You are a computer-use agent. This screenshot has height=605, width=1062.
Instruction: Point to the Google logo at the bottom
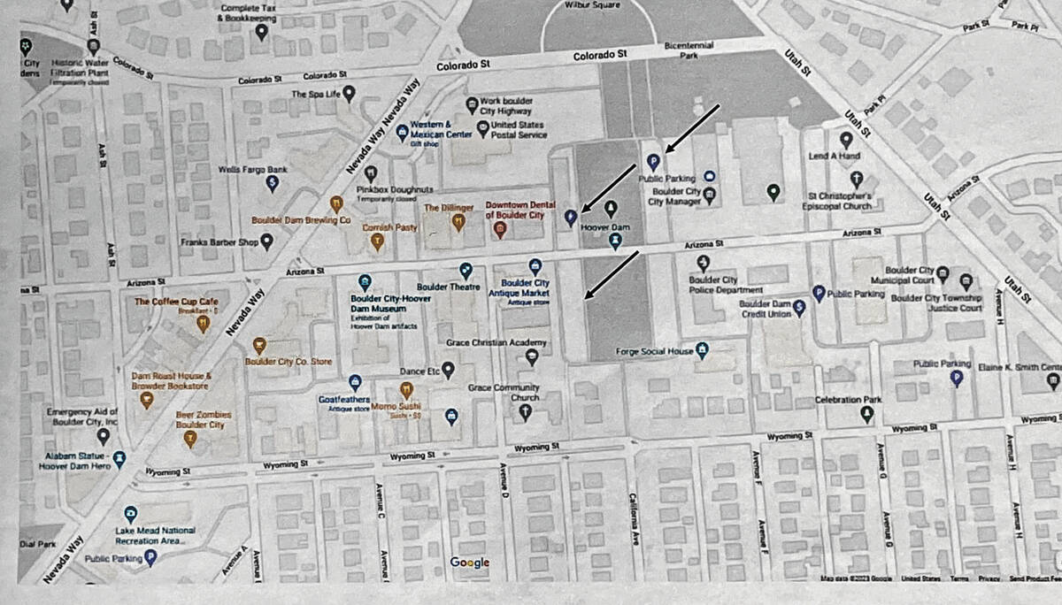tap(469, 563)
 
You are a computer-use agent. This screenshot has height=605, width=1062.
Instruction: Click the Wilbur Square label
tap(599, 4)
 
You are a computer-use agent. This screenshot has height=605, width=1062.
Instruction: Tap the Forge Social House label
tap(654, 351)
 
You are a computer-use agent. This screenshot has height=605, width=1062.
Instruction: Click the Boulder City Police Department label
tap(726, 285)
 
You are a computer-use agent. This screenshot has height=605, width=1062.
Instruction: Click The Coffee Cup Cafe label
tap(176, 302)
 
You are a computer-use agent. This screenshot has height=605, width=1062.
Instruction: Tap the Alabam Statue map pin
tap(119, 458)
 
